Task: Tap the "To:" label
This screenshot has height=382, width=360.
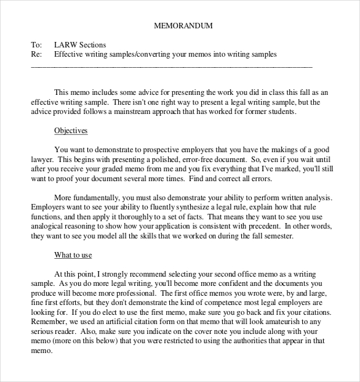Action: click(x=36, y=45)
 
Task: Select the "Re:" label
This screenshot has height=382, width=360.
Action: click(x=36, y=54)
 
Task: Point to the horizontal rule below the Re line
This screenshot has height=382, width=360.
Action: click(x=172, y=66)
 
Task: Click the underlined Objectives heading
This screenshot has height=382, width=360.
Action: click(x=71, y=131)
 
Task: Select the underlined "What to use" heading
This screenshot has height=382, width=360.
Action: click(x=73, y=255)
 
